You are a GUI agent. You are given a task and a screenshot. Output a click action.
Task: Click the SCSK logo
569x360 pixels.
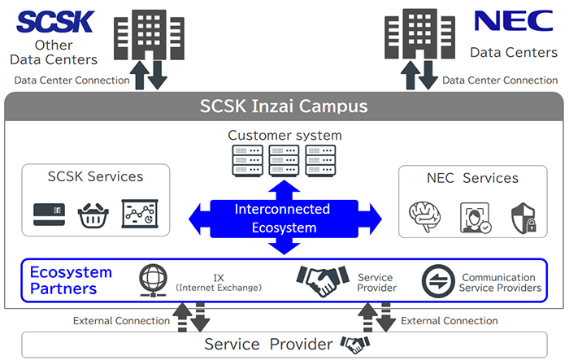[55, 22]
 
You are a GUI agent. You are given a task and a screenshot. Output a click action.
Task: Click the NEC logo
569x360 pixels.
[514, 20]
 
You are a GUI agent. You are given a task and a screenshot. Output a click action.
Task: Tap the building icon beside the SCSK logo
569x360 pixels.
[149, 34]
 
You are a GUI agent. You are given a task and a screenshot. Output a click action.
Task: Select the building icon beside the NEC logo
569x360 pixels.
[420, 34]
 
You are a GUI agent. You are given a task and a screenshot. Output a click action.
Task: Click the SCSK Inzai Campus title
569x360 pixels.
[284, 106]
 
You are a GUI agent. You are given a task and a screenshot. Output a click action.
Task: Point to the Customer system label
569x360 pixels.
[284, 135]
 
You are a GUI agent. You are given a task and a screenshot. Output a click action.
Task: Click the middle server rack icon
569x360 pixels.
[284, 160]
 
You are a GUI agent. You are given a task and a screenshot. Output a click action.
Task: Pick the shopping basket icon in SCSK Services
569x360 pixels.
[93, 215]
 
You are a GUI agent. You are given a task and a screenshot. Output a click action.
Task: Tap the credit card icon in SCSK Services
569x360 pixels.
[50, 215]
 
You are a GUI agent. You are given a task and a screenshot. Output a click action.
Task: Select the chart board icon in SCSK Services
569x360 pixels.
[140, 214]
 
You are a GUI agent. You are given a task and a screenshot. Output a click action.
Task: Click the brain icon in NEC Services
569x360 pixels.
[424, 216]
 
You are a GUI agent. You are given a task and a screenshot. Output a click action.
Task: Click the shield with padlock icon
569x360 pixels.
[523, 218]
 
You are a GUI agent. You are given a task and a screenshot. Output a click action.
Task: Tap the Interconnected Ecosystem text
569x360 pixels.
[283, 219]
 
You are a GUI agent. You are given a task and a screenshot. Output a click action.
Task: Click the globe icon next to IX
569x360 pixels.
[153, 280]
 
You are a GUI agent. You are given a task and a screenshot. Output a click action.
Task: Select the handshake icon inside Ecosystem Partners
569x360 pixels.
[323, 280]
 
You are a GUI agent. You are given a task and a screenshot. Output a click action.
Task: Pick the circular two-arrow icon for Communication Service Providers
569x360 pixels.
[438, 281]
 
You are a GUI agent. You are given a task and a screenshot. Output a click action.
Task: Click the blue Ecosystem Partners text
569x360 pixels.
[71, 280]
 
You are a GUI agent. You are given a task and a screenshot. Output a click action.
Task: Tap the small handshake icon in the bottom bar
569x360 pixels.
[355, 345]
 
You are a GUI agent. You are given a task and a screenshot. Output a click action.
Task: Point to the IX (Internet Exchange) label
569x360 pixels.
[219, 283]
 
